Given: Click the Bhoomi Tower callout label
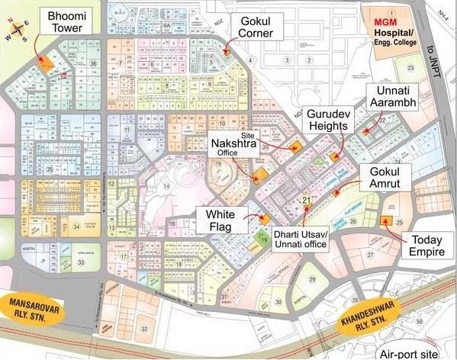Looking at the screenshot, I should point(67,23).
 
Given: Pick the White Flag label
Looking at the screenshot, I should point(220,219).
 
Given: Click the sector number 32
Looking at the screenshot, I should point(143,329).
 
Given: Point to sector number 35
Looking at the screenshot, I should point(50,169).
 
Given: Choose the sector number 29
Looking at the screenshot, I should point(312,280).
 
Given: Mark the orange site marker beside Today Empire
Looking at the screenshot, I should point(383,221).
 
